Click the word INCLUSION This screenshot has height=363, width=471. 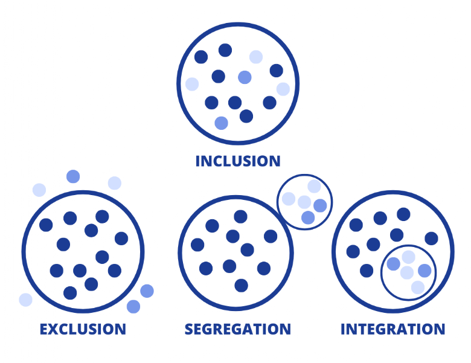pos(238,161)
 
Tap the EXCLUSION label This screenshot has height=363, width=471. pos(83,329)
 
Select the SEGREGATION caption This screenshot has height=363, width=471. pos(237,329)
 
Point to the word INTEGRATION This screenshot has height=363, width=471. pos(392,329)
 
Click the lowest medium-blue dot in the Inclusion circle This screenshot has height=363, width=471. pos(222,123)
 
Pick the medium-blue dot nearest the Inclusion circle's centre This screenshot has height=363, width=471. pos(245,77)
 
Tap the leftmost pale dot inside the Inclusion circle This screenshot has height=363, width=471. pos(192,84)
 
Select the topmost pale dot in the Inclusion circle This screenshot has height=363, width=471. pos(256,57)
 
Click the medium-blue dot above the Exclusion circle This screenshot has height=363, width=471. pos(73,176)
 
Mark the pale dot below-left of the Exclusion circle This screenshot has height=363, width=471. pos(25,300)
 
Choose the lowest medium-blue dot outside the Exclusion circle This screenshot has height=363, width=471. pos(133,306)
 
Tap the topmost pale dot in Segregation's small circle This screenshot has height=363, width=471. pos(314,186)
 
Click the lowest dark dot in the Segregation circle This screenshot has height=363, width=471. pos(242,285)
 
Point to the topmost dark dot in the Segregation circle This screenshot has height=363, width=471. pos(240,216)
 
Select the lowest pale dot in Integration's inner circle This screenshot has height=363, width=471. pos(418,288)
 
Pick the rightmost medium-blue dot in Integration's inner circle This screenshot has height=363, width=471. pos(425,271)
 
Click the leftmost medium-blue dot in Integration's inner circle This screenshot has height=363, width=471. pos(393,264)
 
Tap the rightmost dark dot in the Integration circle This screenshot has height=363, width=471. pos(431,238)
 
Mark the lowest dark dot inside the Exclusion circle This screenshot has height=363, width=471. pos(70,293)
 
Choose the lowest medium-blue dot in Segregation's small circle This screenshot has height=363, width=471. pos(308,217)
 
